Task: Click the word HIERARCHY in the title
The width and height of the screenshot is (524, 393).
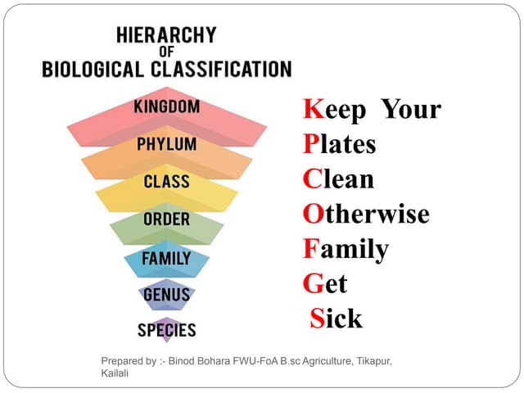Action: (x=166, y=36)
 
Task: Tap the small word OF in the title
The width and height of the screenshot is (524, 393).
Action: (x=166, y=52)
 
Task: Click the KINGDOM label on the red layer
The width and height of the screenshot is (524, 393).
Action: (x=166, y=107)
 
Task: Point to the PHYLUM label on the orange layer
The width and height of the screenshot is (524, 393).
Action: (x=166, y=144)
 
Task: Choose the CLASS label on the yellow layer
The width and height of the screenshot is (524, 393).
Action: (x=166, y=182)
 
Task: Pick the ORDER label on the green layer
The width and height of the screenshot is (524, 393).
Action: (x=166, y=219)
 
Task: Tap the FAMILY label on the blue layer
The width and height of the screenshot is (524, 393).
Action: (x=166, y=258)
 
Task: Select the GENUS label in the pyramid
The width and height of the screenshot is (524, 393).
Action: (x=166, y=294)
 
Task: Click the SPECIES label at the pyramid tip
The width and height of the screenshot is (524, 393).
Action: (x=166, y=331)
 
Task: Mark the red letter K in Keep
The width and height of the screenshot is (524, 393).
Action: (x=312, y=109)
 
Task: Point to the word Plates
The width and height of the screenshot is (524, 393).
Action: (x=339, y=144)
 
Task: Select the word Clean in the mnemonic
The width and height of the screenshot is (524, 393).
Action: (x=338, y=179)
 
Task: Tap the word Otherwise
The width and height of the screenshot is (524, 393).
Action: (x=366, y=215)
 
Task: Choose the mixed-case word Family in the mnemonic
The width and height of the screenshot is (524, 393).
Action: (x=346, y=249)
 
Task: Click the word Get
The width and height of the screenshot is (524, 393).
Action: (x=325, y=284)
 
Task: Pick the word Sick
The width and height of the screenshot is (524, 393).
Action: (x=336, y=318)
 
